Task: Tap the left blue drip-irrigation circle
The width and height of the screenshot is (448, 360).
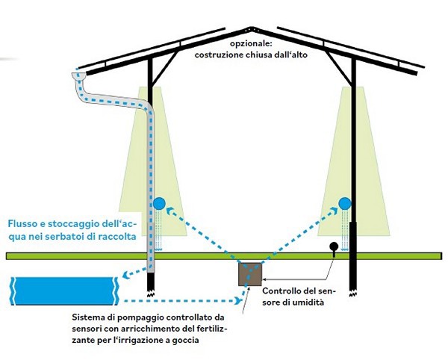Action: click(159, 202)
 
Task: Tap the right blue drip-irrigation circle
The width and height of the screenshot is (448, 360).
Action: click(345, 202)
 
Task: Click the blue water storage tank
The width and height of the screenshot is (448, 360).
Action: click(63, 288)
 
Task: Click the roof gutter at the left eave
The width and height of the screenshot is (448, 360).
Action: click(80, 76)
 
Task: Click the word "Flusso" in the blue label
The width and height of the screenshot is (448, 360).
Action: click(22, 223)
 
